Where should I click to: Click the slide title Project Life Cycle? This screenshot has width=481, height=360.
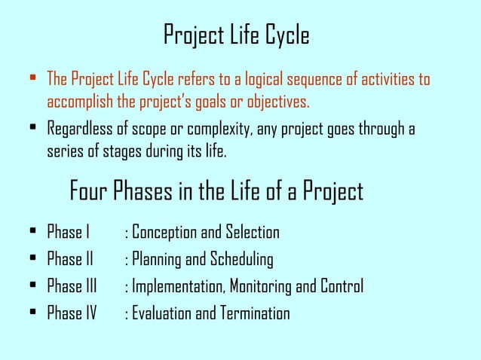(236, 35)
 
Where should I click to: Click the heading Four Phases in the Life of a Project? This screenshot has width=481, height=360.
(216, 191)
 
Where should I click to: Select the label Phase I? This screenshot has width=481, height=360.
(69, 232)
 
